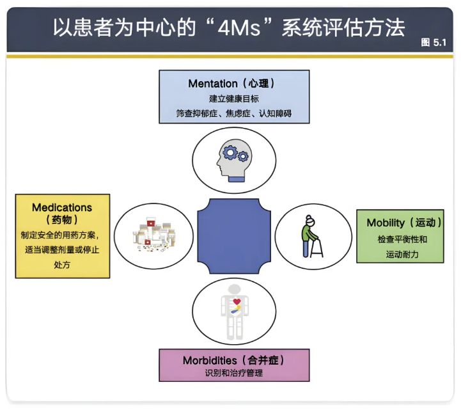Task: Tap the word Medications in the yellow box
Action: [x=62, y=207]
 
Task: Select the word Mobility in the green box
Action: [x=386, y=223]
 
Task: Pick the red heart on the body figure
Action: [x=237, y=301]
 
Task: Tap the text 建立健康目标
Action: [x=234, y=99]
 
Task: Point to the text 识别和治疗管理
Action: [x=233, y=374]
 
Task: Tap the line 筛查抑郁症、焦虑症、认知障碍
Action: [x=234, y=114]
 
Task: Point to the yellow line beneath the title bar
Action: [x=230, y=56]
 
